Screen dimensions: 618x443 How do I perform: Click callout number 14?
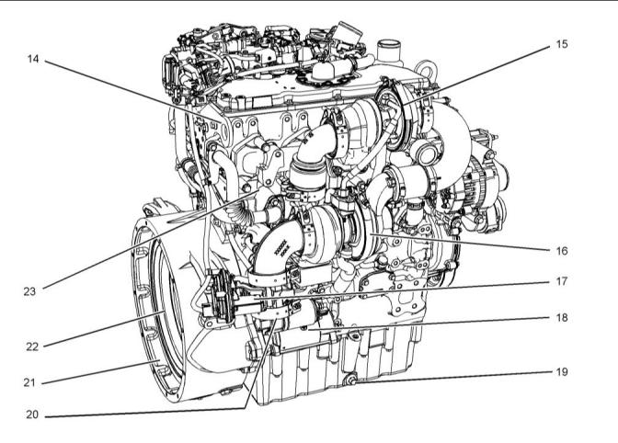33,59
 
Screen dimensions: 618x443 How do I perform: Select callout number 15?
562,44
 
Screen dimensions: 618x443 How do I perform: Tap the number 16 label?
562,251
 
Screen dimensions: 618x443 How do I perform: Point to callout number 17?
562,281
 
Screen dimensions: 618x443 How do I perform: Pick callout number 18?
562,317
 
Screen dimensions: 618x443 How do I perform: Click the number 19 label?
562,371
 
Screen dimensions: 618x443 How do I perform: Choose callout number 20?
32,415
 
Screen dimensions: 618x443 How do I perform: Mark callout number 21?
30,382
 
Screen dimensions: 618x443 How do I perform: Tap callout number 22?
32,346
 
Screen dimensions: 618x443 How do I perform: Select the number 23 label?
29,291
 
